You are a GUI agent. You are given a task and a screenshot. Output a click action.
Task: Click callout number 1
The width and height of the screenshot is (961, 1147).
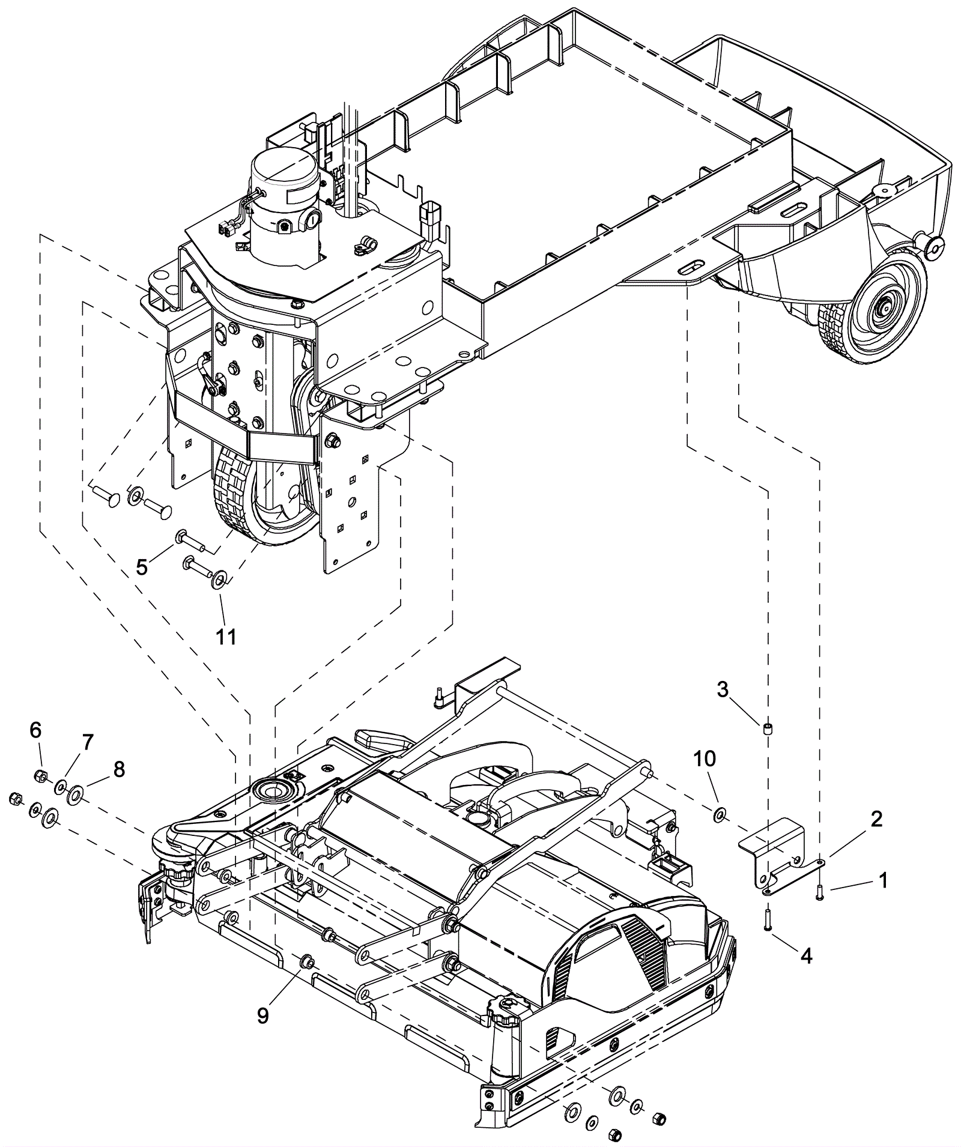(881, 880)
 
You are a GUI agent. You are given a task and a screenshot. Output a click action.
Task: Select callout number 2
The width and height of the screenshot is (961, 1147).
(876, 819)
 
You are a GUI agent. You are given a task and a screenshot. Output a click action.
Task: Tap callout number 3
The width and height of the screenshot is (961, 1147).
(723, 689)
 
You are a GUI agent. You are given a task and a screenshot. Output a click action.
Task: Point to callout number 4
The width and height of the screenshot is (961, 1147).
(807, 956)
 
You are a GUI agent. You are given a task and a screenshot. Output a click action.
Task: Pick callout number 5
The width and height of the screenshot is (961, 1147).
(142, 566)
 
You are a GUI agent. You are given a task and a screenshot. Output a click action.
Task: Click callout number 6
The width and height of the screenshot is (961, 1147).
(35, 730)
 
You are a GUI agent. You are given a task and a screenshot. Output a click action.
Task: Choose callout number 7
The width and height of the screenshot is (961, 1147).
(88, 743)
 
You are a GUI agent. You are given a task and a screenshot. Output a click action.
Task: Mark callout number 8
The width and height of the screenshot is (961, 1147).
(119, 769)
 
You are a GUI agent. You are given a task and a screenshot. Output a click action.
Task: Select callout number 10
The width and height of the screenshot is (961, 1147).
(705, 759)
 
